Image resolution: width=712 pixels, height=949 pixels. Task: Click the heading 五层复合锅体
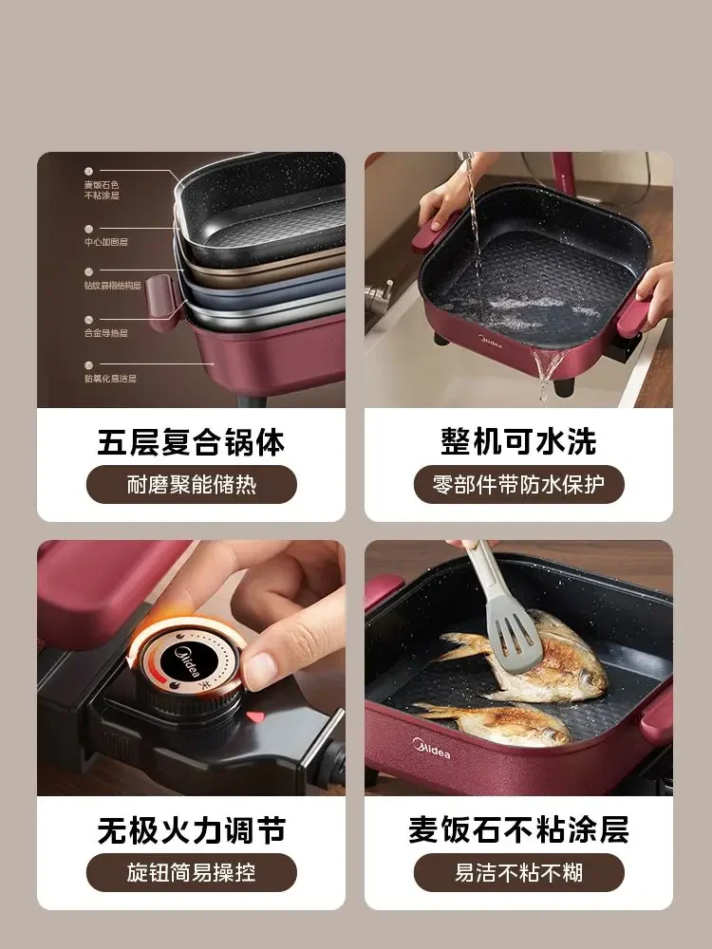coord(191,441)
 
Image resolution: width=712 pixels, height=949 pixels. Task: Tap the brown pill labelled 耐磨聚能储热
coord(191,485)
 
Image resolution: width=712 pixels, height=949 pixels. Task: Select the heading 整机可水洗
coord(518,441)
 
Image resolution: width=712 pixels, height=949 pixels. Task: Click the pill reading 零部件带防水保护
coord(518,485)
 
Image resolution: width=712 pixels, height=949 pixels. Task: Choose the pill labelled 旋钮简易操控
coord(191,873)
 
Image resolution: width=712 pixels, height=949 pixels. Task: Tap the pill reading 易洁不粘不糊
coord(518,873)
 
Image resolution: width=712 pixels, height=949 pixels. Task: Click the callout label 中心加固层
coord(105,242)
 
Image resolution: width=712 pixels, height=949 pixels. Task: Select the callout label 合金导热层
coord(105,333)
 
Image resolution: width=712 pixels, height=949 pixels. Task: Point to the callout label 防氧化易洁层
coord(110,379)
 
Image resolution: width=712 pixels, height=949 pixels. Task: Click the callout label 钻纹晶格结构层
coord(112,285)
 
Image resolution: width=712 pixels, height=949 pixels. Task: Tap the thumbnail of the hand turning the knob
coord(191,668)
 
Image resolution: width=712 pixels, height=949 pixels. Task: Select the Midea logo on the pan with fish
coord(431,752)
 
